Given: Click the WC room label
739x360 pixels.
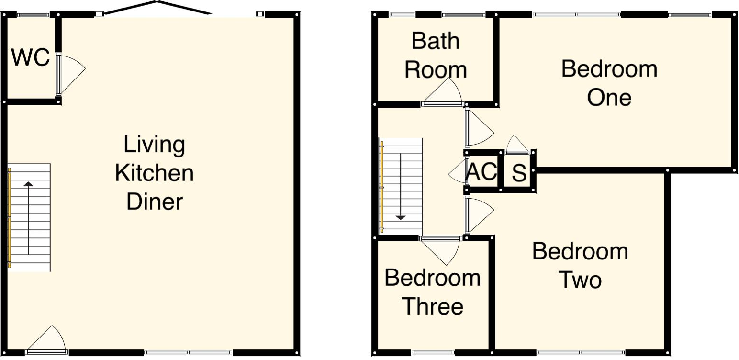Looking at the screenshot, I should (x=31, y=57).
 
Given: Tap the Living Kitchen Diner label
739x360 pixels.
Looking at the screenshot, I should (x=155, y=173).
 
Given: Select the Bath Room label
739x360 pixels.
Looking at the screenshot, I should (x=436, y=56).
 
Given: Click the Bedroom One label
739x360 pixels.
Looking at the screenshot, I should (x=609, y=83).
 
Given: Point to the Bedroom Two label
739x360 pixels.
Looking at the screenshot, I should (x=580, y=266).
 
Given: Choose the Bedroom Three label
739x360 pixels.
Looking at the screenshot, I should (x=433, y=292).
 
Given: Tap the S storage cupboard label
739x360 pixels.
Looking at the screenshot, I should (x=519, y=173).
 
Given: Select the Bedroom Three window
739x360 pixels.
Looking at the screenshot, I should (x=433, y=353).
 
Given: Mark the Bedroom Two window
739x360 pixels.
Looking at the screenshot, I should (x=581, y=353).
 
